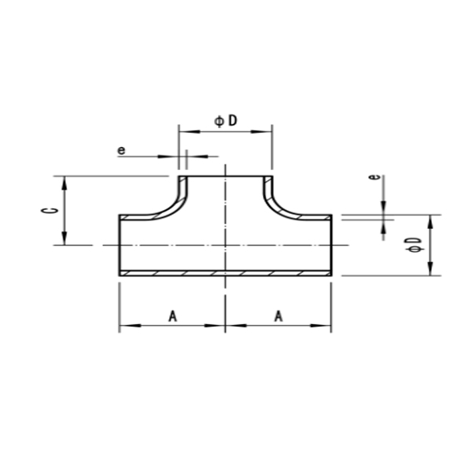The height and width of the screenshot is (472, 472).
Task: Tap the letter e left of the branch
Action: click(x=121, y=149)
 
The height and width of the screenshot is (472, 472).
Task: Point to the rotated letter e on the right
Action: click(x=377, y=178)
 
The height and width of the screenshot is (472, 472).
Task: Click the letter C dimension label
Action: click(x=47, y=211)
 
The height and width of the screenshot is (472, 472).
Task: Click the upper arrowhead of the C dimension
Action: click(x=65, y=182)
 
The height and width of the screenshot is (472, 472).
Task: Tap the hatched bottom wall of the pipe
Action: click(x=225, y=273)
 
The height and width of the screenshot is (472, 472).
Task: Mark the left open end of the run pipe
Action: click(x=120, y=245)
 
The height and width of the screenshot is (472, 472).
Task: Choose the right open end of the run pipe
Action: click(x=330, y=245)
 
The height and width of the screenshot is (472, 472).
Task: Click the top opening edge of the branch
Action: click(x=225, y=176)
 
